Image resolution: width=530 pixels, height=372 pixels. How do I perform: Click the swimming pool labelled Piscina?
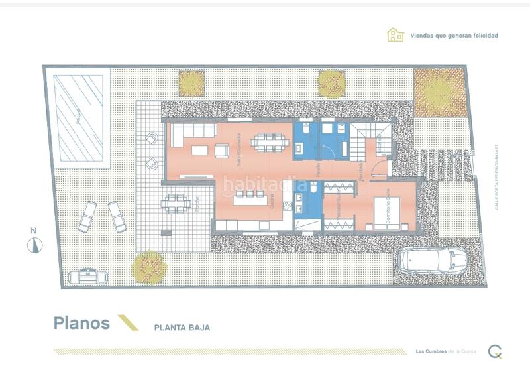click(80, 117)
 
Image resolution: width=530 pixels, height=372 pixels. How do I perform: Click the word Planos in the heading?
click(81, 324)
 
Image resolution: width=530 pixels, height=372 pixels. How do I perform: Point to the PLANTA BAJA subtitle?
click(182, 327)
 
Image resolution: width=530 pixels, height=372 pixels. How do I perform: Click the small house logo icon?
click(396, 35)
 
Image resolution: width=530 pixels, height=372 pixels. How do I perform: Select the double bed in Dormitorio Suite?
click(388, 214)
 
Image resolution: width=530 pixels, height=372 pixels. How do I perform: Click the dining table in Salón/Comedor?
click(269, 142)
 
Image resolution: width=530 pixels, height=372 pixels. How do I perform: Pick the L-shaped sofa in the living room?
click(193, 135)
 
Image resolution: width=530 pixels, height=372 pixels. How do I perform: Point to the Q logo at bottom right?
click(494, 352)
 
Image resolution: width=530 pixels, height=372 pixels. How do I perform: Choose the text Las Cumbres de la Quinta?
click(445, 351)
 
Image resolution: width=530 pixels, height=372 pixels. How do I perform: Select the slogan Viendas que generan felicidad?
click(454, 36)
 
